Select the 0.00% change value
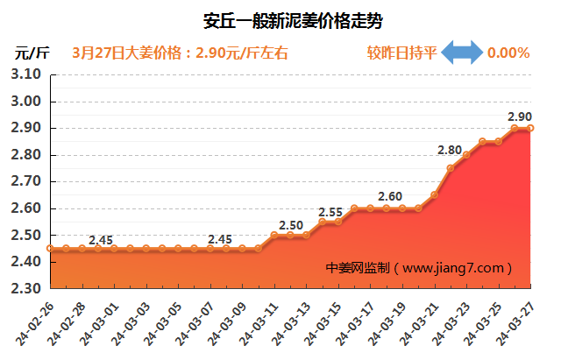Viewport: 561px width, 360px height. [508, 53]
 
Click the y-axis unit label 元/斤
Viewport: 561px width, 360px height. [32, 53]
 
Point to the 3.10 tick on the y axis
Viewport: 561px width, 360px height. [27, 75]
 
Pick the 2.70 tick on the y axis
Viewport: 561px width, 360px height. [27, 182]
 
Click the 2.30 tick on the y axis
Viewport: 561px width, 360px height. [27, 288]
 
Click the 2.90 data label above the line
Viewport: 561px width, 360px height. [520, 116]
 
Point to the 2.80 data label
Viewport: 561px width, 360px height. [451, 151]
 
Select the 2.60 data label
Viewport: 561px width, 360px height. [390, 196]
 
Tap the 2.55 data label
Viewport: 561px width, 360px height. [330, 212]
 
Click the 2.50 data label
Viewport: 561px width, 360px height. [291, 225]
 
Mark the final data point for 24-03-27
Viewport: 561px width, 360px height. [531, 128]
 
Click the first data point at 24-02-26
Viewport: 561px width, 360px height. [50, 249]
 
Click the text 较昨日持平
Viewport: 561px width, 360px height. [399, 53]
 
